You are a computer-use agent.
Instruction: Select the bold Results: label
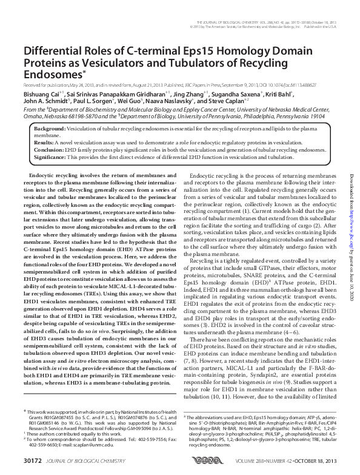[45, 143]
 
